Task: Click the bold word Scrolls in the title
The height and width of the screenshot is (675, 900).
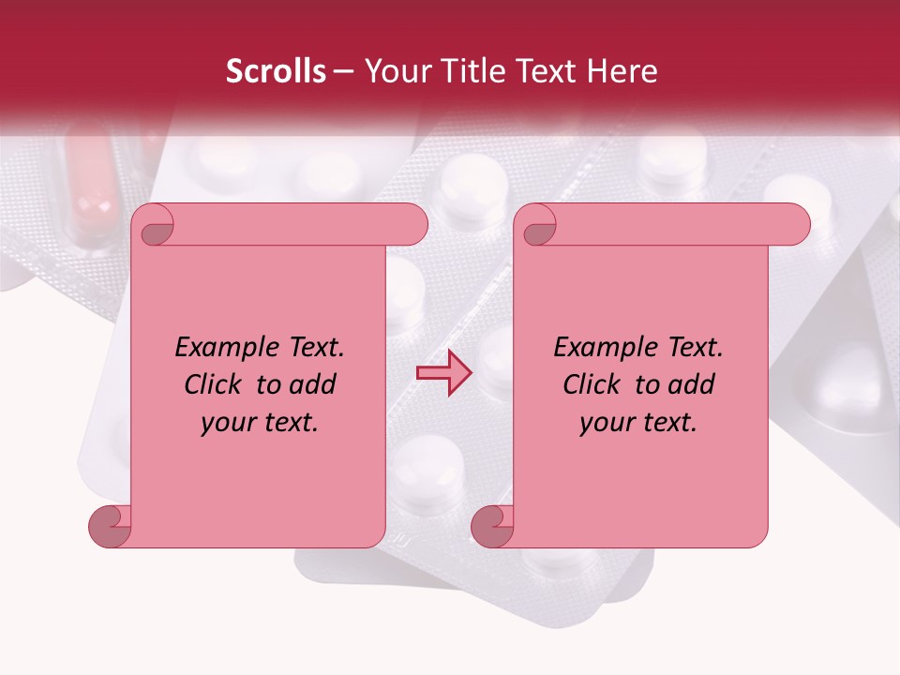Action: [276, 71]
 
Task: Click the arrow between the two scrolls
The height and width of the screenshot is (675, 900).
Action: [444, 372]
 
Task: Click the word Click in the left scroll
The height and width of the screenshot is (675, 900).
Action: [215, 384]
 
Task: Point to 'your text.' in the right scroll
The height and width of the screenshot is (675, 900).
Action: [638, 423]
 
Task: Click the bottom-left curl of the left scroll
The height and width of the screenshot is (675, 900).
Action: [109, 525]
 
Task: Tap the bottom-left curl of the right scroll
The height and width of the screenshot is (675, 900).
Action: [491, 525]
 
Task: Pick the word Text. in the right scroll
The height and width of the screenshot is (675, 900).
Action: [690, 348]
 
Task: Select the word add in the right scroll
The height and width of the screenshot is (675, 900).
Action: [692, 384]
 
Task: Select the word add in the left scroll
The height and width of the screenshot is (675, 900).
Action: [313, 384]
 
